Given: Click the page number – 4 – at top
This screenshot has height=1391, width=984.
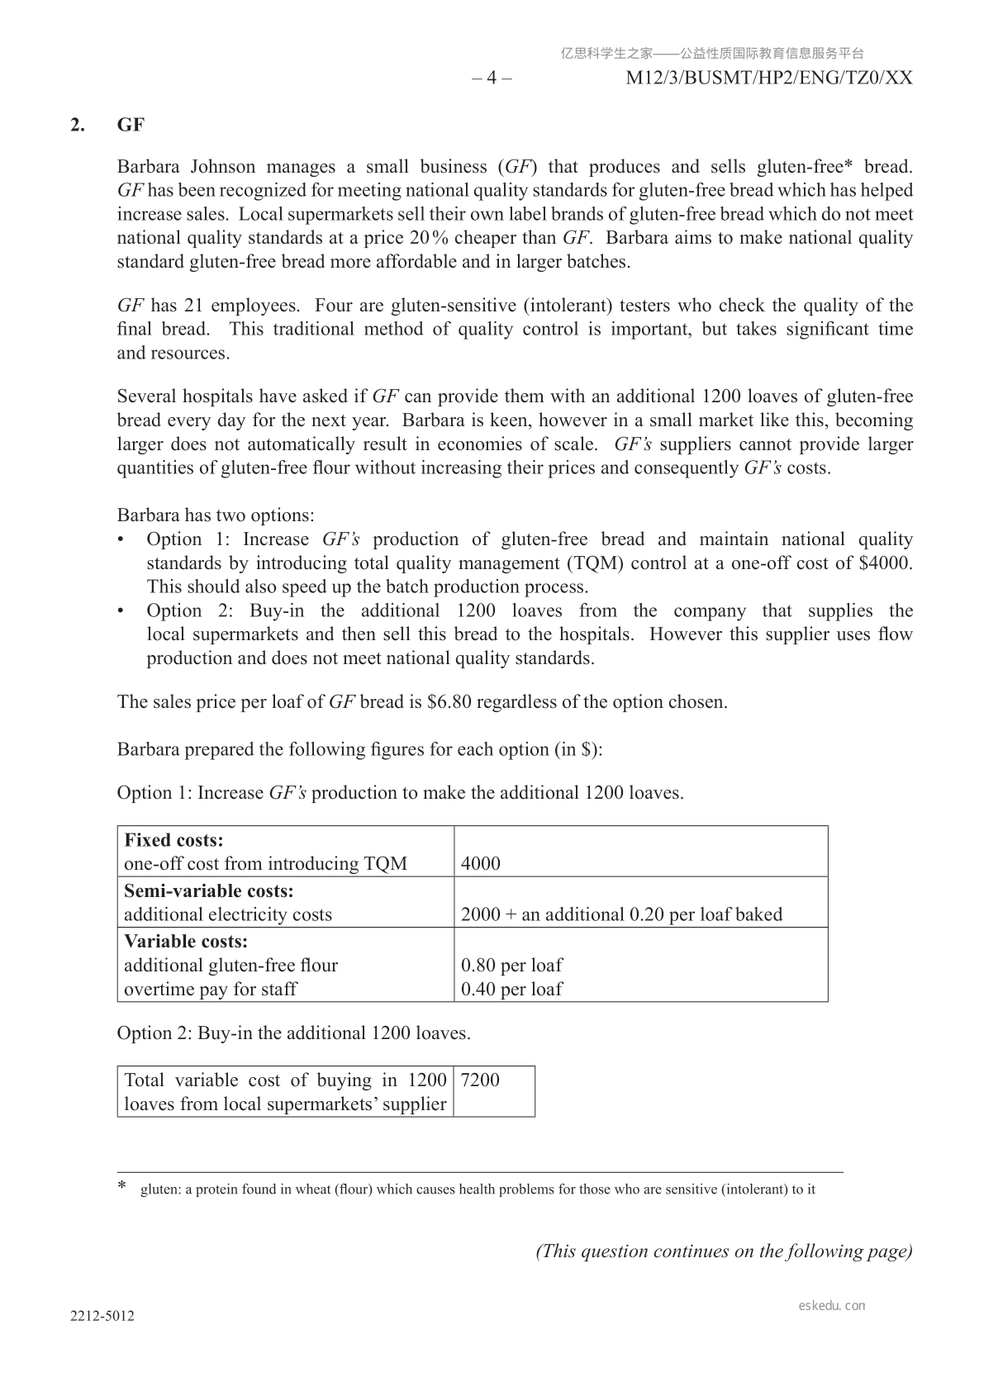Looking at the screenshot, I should tap(492, 78).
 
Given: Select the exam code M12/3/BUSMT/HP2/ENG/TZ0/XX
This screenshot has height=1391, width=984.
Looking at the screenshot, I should tap(769, 78).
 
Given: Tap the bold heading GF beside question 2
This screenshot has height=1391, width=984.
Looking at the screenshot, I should tap(131, 125).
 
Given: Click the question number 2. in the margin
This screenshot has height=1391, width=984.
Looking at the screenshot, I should tap(78, 125).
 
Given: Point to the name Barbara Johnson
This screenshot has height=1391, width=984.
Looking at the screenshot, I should tap(186, 167).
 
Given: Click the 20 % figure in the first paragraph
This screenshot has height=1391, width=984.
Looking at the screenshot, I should tap(429, 238).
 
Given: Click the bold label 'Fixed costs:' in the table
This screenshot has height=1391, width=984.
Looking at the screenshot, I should tap(174, 840).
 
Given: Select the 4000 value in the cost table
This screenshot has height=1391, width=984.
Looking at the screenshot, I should tap(481, 864).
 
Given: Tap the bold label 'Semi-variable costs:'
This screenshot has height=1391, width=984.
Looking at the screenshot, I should tap(208, 890).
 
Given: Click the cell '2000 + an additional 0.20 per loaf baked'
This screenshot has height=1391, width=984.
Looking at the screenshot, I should tap(621, 914).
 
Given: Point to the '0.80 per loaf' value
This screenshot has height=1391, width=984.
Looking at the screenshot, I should tap(511, 965).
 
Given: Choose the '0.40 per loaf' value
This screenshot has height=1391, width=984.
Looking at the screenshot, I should tap(511, 989).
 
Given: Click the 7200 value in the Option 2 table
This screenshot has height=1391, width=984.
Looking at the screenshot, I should tap(480, 1080).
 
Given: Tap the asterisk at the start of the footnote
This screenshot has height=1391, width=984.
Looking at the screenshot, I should tap(121, 1187).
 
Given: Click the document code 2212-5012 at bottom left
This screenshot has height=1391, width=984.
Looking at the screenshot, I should tap(102, 1317).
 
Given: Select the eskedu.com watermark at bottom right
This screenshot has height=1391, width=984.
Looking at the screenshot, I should tap(832, 1306).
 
